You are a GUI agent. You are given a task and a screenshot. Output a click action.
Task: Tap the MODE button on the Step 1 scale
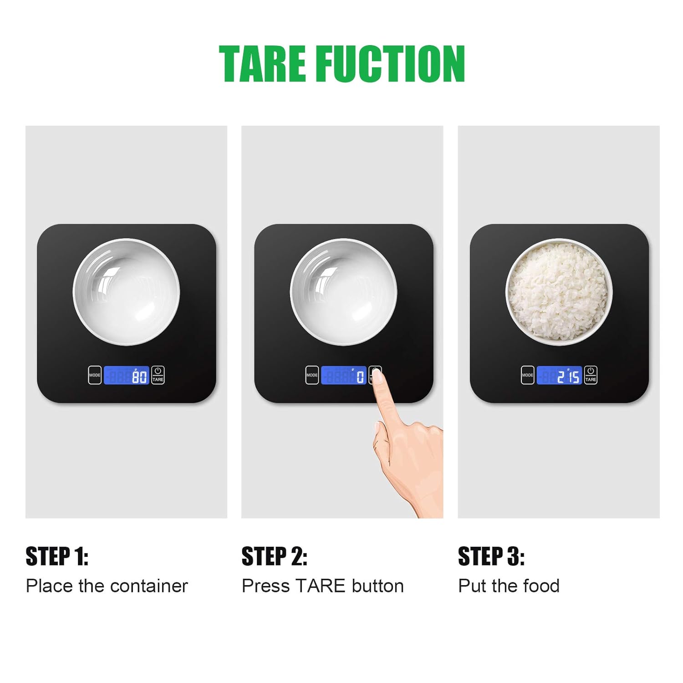click(x=95, y=375)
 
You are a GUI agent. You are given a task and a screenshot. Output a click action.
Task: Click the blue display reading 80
click(x=127, y=375)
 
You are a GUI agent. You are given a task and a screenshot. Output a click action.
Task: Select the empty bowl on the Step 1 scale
click(x=126, y=292)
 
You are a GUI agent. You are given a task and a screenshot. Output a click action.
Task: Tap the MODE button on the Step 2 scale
click(x=312, y=375)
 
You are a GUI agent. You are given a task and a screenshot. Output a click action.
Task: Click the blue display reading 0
click(x=344, y=375)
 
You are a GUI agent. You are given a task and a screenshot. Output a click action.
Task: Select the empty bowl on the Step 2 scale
click(x=343, y=292)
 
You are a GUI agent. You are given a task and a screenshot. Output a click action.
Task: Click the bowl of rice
click(x=559, y=292)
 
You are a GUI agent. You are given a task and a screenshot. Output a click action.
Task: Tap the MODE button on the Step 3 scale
click(x=527, y=375)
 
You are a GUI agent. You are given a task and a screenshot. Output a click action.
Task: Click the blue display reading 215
click(x=559, y=375)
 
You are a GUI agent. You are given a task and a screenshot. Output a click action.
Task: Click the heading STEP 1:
click(x=57, y=556)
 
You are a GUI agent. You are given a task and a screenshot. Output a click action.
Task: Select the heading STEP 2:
click(x=275, y=556)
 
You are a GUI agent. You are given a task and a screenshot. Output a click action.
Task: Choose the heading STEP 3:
click(x=491, y=556)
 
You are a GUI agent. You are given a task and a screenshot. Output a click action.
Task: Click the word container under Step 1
click(x=149, y=586)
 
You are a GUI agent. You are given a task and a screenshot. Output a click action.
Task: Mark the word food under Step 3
click(x=542, y=586)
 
